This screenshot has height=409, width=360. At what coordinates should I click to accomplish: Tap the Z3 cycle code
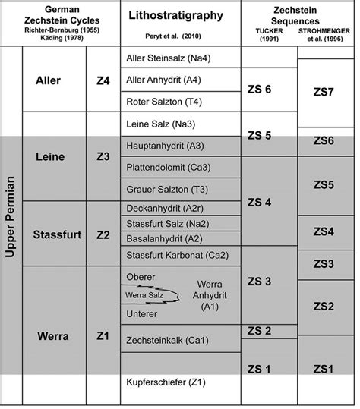(x=104, y=156)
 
